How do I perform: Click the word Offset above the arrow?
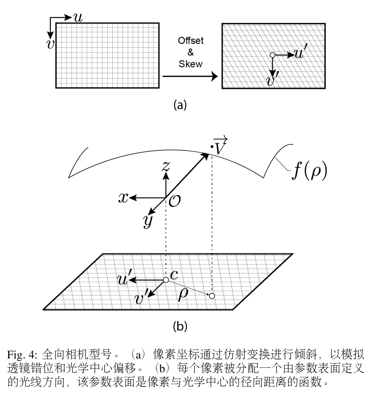(x=191, y=41)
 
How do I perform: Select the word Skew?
(x=190, y=64)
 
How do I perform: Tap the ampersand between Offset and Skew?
(x=191, y=52)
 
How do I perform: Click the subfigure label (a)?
(x=180, y=105)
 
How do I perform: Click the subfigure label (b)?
(x=180, y=326)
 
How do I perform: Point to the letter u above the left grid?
(x=78, y=18)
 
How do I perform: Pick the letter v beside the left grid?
(x=50, y=44)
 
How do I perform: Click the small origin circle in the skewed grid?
(x=272, y=55)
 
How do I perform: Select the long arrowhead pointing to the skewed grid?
(x=214, y=76)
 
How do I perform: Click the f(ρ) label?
(x=310, y=171)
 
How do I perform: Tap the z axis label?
(x=166, y=166)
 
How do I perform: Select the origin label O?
(x=175, y=201)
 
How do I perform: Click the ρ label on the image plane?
(x=183, y=294)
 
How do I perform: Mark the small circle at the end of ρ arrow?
(x=212, y=296)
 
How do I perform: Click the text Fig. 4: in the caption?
(x=22, y=354)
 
